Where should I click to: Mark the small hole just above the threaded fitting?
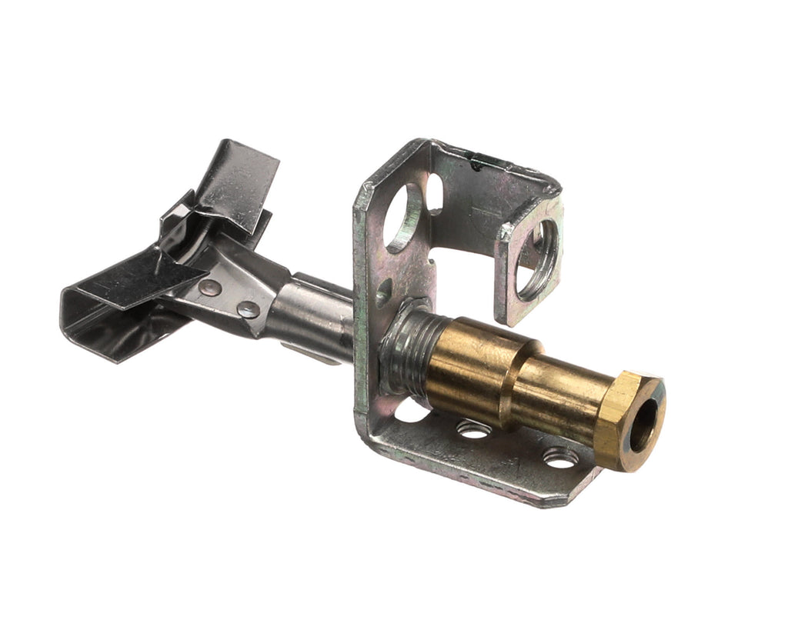pyautogui.click(x=383, y=293)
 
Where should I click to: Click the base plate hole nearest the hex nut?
pyautogui.click(x=560, y=458)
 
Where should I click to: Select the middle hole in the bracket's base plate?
pyautogui.click(x=473, y=429)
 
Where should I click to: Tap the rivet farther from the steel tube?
pyautogui.click(x=209, y=288)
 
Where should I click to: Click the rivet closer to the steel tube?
pyautogui.click(x=249, y=309)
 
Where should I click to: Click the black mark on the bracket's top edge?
pyautogui.click(x=479, y=162)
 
